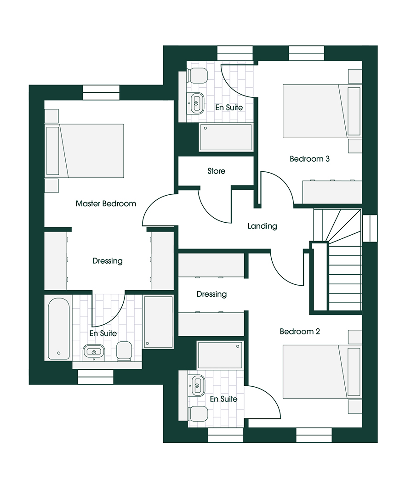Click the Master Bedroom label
click(x=106, y=203)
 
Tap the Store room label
click(x=216, y=171)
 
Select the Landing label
click(x=262, y=226)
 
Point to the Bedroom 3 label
click(x=309, y=158)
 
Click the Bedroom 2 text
click(x=299, y=331)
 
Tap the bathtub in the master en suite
click(x=59, y=328)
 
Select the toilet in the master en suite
click(x=124, y=351)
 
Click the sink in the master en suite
click(x=94, y=352)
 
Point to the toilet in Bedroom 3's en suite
click(x=198, y=75)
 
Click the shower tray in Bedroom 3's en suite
click(x=226, y=137)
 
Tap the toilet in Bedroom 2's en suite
click(x=198, y=413)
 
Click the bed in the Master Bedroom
click(x=85, y=151)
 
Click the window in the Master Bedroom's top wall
click(x=101, y=93)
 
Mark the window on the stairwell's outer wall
click(x=370, y=228)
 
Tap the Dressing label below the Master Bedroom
click(x=107, y=261)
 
